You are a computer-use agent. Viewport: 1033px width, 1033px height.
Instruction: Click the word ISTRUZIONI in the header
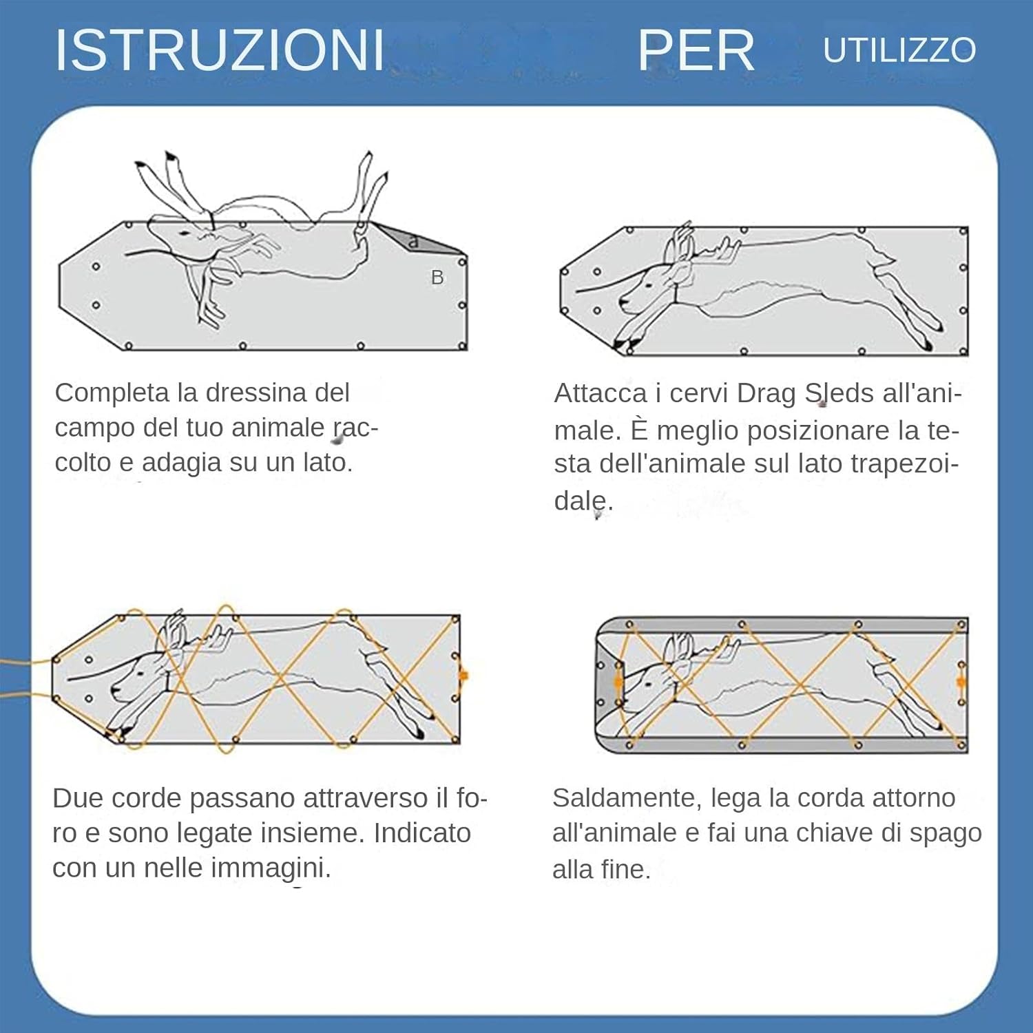click(219, 50)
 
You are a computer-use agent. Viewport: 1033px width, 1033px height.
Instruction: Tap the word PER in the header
click(696, 50)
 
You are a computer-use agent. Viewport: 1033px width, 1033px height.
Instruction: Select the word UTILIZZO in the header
click(899, 50)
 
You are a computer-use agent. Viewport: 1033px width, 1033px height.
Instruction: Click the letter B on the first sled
click(437, 278)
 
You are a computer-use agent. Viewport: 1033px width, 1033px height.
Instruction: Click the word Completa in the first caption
click(112, 393)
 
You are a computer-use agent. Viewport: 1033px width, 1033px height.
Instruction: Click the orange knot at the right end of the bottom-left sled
click(463, 676)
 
